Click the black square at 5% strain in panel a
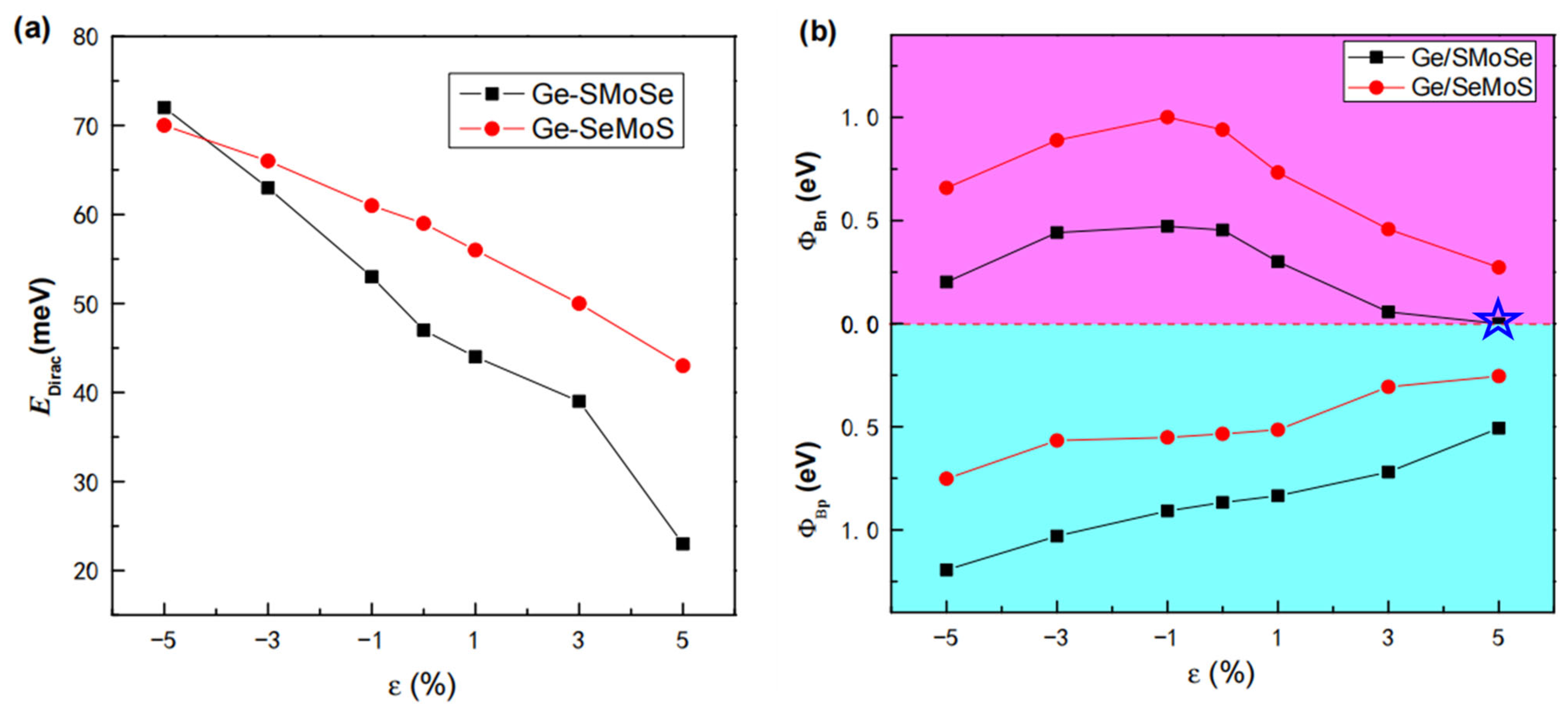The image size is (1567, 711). click(x=683, y=543)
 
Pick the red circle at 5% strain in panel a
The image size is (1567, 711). click(x=683, y=365)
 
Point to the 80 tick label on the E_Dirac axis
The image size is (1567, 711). click(x=85, y=38)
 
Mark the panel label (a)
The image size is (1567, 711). click(x=32, y=29)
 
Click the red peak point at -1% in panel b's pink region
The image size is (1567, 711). click(x=1167, y=117)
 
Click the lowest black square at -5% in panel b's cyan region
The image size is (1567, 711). click(x=946, y=570)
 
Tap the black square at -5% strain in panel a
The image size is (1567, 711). click(x=164, y=108)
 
